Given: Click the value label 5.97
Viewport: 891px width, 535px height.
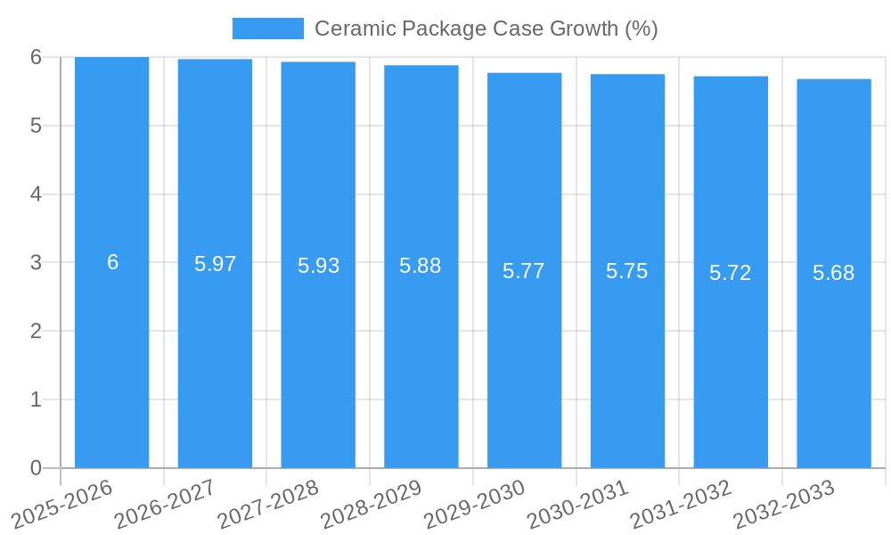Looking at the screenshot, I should pos(215,264).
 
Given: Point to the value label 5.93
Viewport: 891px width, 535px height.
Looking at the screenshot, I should pos(318,266).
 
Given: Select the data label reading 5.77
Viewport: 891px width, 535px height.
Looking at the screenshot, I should pos(524,271).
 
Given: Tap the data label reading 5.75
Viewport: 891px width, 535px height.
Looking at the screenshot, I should pos(627,272).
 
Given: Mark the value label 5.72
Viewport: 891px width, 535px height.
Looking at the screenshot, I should pos(731,273).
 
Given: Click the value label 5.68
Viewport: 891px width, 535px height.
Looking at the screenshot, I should pos(834,273).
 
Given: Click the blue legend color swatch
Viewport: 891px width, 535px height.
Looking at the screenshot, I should pos(267,29).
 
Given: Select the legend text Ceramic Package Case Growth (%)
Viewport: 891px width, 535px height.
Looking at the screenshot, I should pos(486,29).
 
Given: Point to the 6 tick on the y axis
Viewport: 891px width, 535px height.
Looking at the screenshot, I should pos(36,57).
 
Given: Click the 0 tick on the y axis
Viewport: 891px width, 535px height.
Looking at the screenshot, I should pos(36,468).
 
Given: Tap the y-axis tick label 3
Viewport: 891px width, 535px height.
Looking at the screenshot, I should pos(36,263).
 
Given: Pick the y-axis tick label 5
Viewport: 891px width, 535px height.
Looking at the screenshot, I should pos(36,126).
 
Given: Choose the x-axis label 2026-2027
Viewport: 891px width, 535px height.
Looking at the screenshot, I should pos(166,503).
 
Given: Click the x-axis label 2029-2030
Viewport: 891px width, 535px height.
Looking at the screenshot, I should pos(475,503).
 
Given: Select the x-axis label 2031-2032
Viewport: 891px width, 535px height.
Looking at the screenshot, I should pos(682,503).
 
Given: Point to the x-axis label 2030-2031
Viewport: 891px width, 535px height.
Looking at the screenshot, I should pos(578,503).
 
